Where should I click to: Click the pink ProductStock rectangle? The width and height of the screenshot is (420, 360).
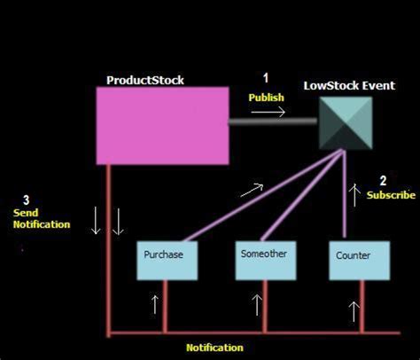pyautogui.click(x=161, y=125)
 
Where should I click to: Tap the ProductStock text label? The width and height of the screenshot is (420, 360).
pyautogui.click(x=145, y=80)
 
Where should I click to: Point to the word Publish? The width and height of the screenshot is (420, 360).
pyautogui.click(x=267, y=97)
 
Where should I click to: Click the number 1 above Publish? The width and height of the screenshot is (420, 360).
pyautogui.click(x=264, y=78)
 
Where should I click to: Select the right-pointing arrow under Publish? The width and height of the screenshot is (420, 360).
pyautogui.click(x=272, y=112)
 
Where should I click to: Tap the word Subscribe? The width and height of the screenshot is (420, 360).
pyautogui.click(x=390, y=195)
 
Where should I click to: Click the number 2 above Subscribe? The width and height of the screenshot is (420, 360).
pyautogui.click(x=383, y=180)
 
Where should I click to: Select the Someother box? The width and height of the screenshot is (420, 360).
pyautogui.click(x=264, y=258)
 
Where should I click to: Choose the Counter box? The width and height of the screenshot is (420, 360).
pyautogui.click(x=354, y=260)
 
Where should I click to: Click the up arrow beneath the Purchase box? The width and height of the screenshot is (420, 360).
pyautogui.click(x=155, y=305)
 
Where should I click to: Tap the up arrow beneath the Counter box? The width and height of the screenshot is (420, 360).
pyautogui.click(x=354, y=310)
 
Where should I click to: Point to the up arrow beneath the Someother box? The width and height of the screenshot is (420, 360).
pyautogui.click(x=258, y=306)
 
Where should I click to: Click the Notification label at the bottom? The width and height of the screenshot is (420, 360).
pyautogui.click(x=214, y=348)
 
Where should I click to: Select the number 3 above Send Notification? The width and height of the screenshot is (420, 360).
pyautogui.click(x=27, y=200)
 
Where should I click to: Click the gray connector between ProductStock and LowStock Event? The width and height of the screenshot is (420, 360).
pyautogui.click(x=273, y=123)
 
